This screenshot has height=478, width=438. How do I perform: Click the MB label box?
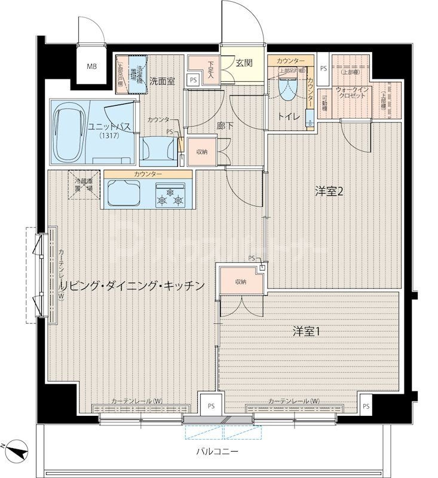(92, 66)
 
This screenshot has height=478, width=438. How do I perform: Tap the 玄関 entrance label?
(243, 63)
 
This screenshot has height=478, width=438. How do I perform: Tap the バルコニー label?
(218, 451)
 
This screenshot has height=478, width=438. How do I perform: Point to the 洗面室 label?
(161, 82)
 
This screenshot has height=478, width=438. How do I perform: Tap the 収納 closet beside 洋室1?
(240, 282)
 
